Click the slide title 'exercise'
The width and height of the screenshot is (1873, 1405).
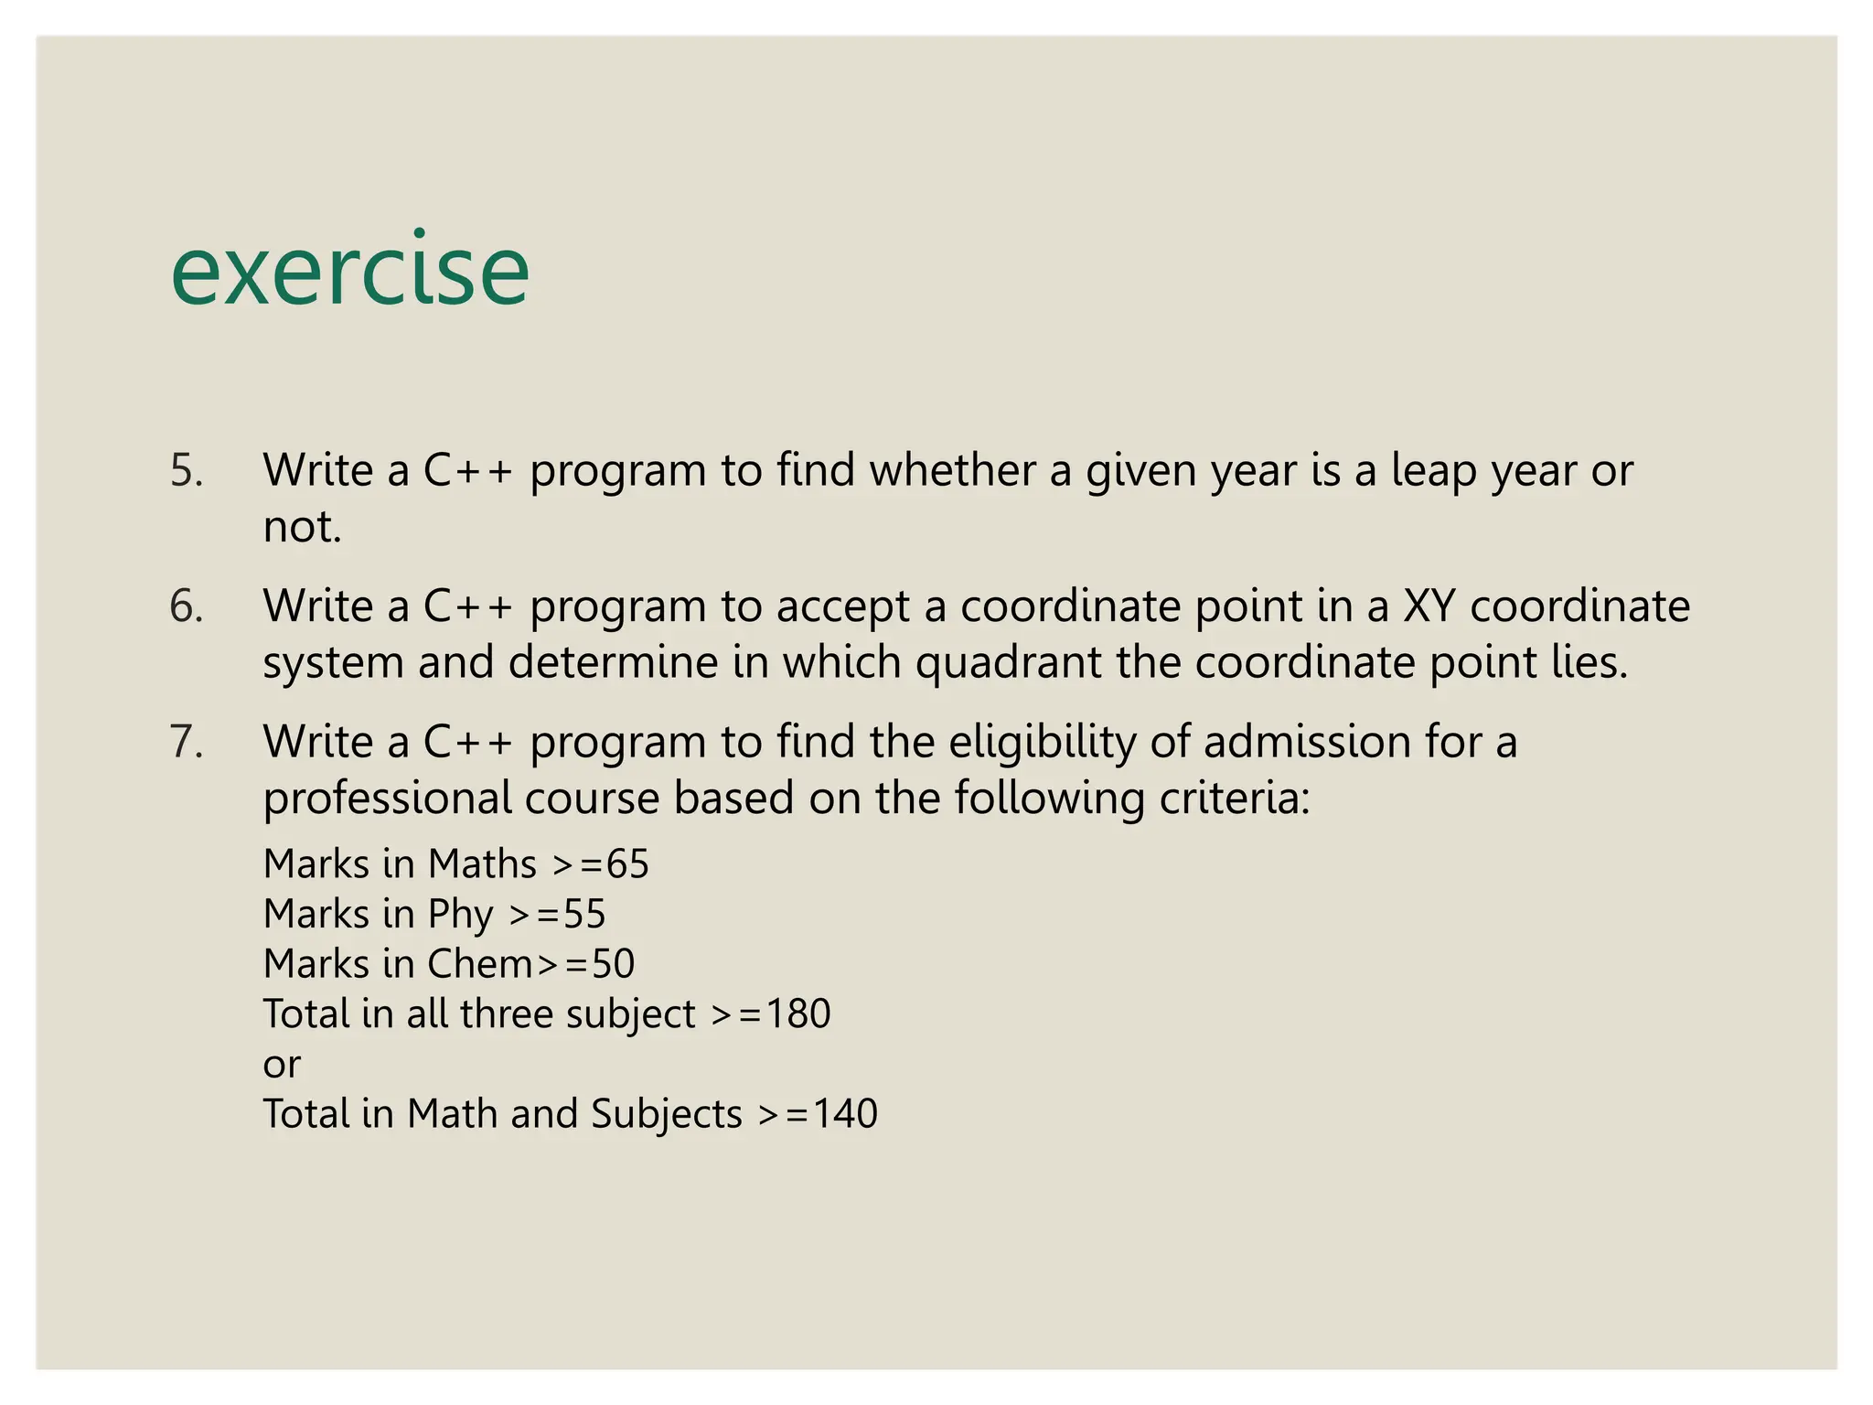[x=349, y=270]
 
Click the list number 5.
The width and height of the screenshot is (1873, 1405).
[x=186, y=471]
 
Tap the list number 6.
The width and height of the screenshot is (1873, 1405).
[x=186, y=606]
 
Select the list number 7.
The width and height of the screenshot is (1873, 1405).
[x=186, y=742]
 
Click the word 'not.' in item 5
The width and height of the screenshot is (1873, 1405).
[x=302, y=528]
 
